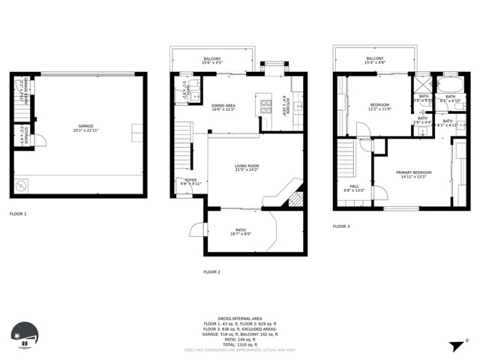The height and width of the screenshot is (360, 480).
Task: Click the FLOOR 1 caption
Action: (x=18, y=214)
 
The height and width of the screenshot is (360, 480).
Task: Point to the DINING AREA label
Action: (x=223, y=107)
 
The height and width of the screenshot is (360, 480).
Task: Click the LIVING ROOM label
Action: (x=247, y=168)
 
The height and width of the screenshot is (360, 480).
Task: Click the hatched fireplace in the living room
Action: (x=296, y=198)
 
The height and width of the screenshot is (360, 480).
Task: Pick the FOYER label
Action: (x=190, y=181)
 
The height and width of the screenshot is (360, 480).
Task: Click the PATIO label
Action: (x=241, y=231)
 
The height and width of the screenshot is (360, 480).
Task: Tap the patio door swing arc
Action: (x=199, y=229)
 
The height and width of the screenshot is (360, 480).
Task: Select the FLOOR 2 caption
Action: (x=211, y=271)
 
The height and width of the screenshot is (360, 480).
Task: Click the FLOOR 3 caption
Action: (x=342, y=226)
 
